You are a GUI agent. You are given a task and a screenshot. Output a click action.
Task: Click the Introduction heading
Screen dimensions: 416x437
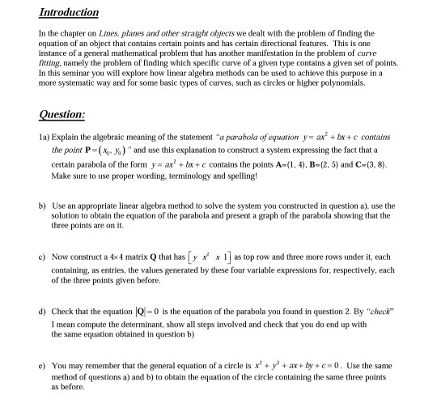(x=69, y=13)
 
